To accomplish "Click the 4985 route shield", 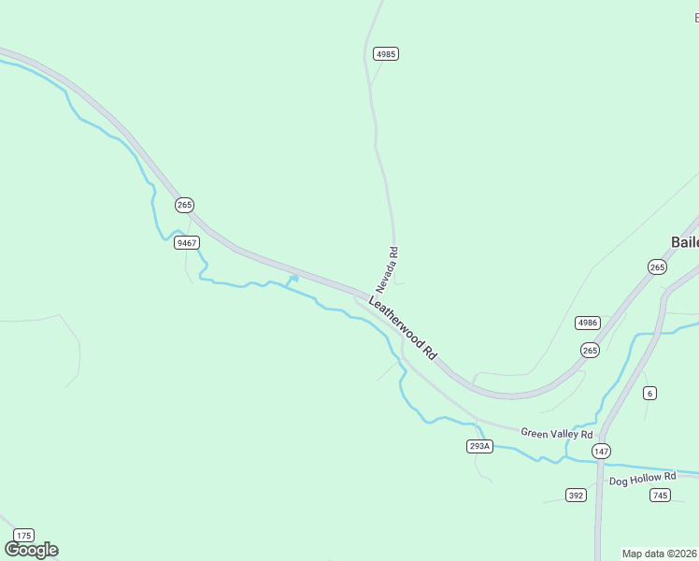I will (x=386, y=54).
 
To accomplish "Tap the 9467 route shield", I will (x=186, y=242).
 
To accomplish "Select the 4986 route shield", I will (x=587, y=323).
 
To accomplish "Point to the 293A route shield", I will (x=478, y=446).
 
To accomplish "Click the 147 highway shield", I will (x=601, y=451).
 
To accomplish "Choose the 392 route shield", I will (x=576, y=495).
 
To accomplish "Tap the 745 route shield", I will (x=661, y=495).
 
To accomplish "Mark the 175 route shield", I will (x=24, y=536).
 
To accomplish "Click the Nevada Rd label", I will (x=388, y=268).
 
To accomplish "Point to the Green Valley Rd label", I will (x=557, y=434).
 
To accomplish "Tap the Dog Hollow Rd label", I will (x=642, y=479).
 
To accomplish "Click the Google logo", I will (x=31, y=550).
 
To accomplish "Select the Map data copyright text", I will (x=660, y=554).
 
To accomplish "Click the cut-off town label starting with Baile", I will (x=684, y=242).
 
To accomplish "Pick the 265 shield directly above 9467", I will (x=184, y=205).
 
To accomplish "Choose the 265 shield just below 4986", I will (x=589, y=350).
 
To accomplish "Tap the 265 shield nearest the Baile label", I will (x=657, y=266).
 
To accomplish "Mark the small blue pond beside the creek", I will (x=293, y=279).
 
